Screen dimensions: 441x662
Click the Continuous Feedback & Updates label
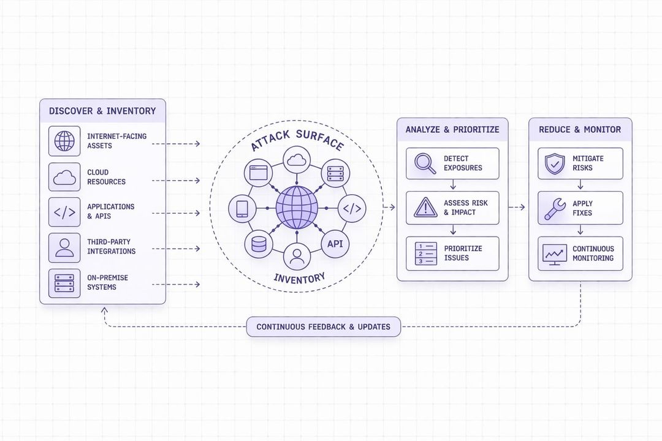[x=323, y=326]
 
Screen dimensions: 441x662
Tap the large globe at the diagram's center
[x=297, y=208]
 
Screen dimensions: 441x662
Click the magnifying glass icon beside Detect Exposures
[x=425, y=163]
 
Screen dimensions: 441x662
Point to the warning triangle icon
[x=425, y=208]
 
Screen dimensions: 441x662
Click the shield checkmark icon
[x=555, y=163]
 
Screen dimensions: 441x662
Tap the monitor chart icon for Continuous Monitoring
[x=555, y=254]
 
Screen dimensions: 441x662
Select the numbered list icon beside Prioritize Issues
[x=425, y=253]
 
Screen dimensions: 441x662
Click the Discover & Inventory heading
[x=102, y=111]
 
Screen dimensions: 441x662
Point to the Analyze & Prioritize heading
[x=452, y=129]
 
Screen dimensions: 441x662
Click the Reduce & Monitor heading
[x=580, y=129]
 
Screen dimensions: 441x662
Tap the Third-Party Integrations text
[x=111, y=247]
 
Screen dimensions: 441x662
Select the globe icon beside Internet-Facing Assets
[x=64, y=141]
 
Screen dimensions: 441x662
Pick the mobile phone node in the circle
[x=242, y=208]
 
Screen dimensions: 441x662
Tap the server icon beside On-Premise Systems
[x=64, y=282]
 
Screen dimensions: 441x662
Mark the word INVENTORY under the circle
[x=299, y=278]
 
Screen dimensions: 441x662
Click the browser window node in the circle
[x=258, y=172]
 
